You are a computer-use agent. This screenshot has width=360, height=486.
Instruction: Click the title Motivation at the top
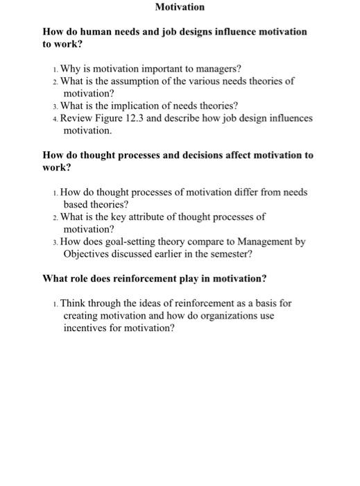(x=180, y=7)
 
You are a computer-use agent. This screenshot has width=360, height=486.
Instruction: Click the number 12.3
(x=139, y=119)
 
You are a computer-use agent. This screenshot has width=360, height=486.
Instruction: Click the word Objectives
(x=89, y=254)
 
